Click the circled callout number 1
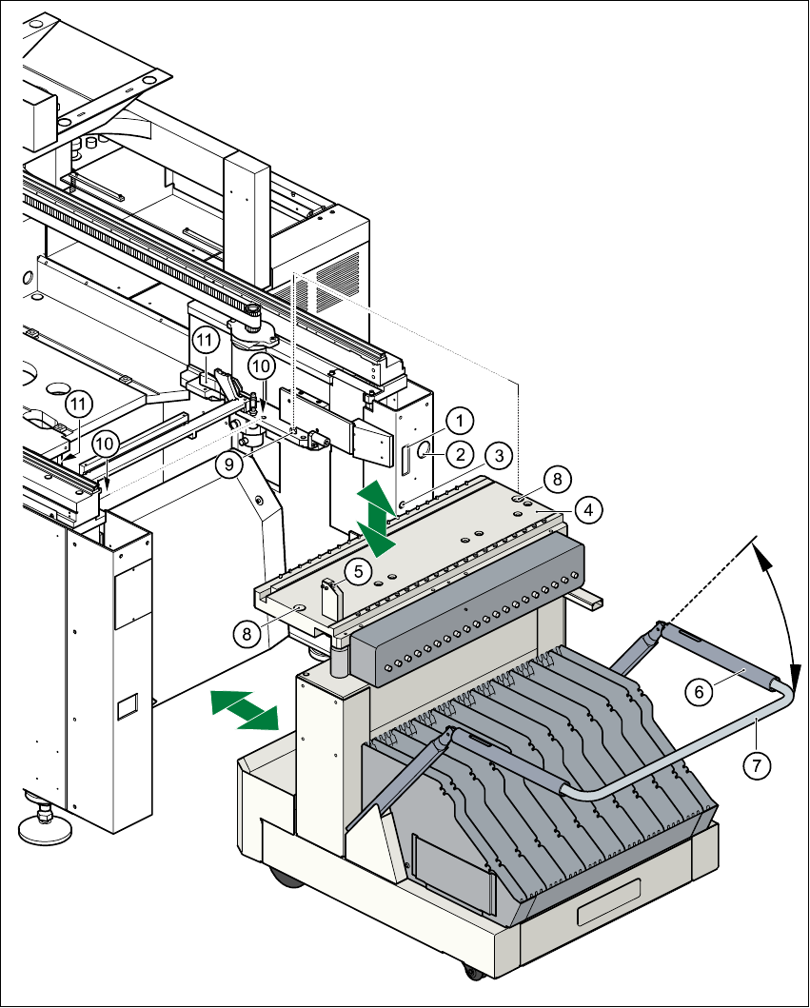[461, 419]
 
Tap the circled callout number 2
[461, 454]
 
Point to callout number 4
[589, 510]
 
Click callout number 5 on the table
[358, 571]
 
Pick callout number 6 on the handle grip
[700, 694]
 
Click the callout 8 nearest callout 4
[557, 477]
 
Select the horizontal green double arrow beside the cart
[244, 710]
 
